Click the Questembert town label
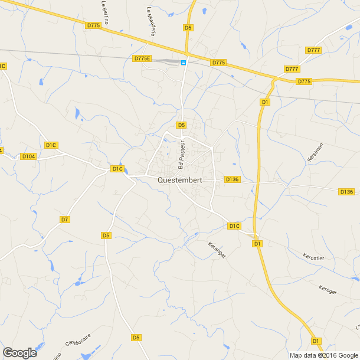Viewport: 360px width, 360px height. [182, 181]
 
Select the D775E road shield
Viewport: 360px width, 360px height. [143, 58]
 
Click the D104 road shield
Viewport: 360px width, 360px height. [28, 156]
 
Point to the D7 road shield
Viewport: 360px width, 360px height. [65, 220]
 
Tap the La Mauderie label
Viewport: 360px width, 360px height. [150, 21]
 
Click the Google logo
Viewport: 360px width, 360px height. [19, 353]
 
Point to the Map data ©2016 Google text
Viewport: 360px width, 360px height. [324, 355]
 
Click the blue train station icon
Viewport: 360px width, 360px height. [184, 62]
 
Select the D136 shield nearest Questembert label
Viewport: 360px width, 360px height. [232, 179]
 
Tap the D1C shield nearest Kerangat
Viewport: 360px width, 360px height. [234, 225]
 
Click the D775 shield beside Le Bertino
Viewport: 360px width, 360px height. [93, 25]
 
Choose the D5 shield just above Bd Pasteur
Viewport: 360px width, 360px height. [181, 125]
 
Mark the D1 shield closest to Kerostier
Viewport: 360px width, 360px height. [257, 243]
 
